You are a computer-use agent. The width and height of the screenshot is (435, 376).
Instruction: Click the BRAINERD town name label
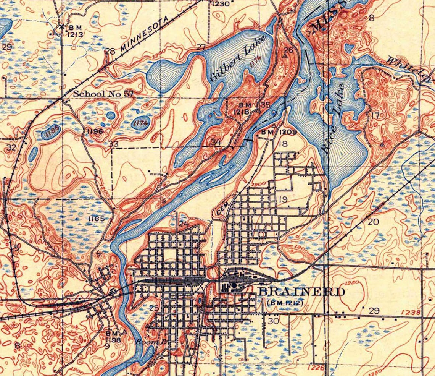click(301, 292)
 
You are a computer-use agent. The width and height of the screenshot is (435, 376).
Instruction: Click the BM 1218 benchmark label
click(245, 109)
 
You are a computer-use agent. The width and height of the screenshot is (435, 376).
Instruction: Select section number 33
click(113, 144)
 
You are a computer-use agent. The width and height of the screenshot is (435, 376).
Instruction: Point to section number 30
click(273, 321)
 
